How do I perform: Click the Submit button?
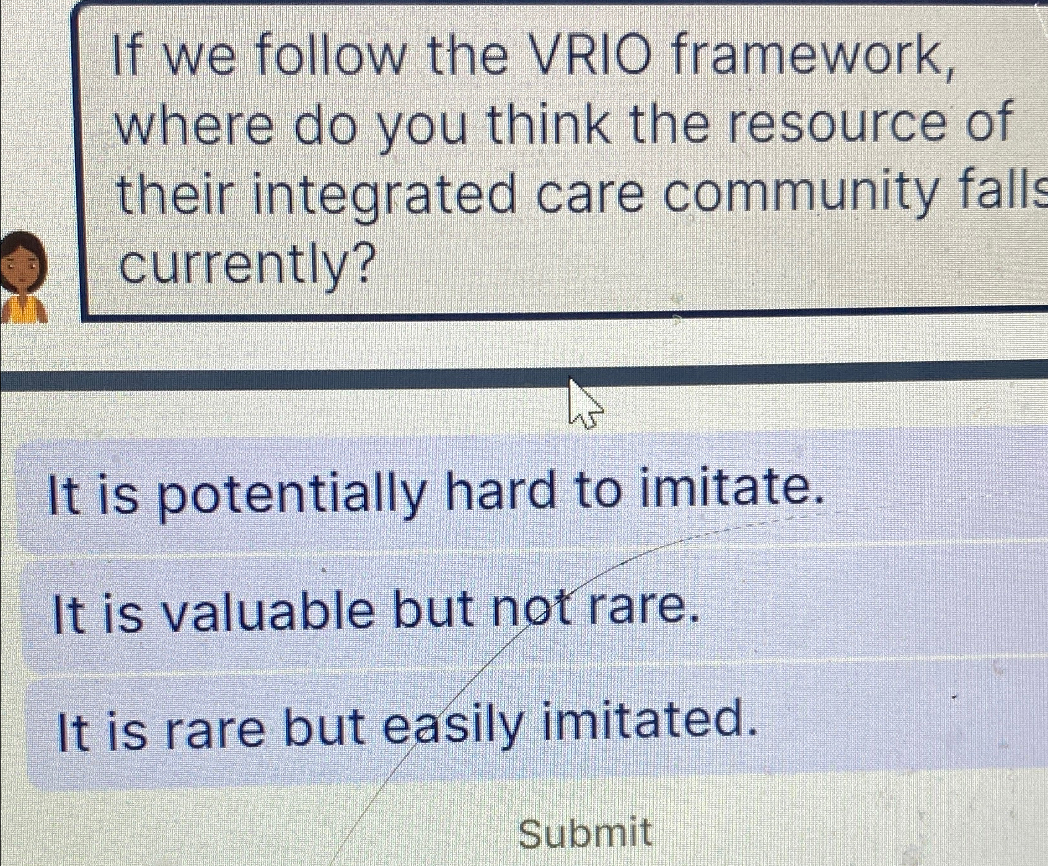(585, 833)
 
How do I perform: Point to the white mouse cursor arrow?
(583, 404)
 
